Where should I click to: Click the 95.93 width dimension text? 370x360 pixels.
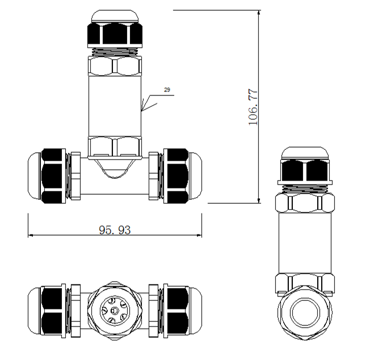pyautogui.click(x=115, y=229)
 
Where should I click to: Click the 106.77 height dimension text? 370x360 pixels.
pyautogui.click(x=253, y=106)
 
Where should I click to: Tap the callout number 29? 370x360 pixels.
pyautogui.click(x=167, y=90)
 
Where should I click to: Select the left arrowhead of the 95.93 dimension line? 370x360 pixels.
pyautogui.click(x=31, y=235)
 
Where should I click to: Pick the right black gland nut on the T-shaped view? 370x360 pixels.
pyautogui.click(x=175, y=176)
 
